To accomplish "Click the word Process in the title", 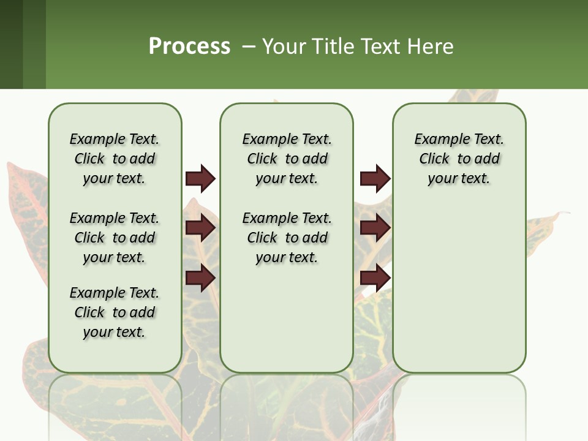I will tap(189, 46).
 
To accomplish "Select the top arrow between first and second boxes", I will tap(200, 178).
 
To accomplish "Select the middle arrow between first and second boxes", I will tap(200, 228).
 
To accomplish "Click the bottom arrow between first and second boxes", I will tap(200, 278).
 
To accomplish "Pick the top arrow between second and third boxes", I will tap(375, 178).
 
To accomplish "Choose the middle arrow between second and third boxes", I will tap(375, 228).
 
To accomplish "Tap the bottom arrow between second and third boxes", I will tap(375, 278).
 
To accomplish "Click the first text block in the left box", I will tap(115, 159).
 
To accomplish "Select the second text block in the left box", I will tap(115, 238).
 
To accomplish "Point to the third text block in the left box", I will tap(115, 312).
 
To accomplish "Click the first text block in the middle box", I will tap(287, 159).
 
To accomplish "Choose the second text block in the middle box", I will tap(287, 238).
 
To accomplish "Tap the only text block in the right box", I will tap(459, 159).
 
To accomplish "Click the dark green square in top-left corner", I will tap(11, 44).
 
